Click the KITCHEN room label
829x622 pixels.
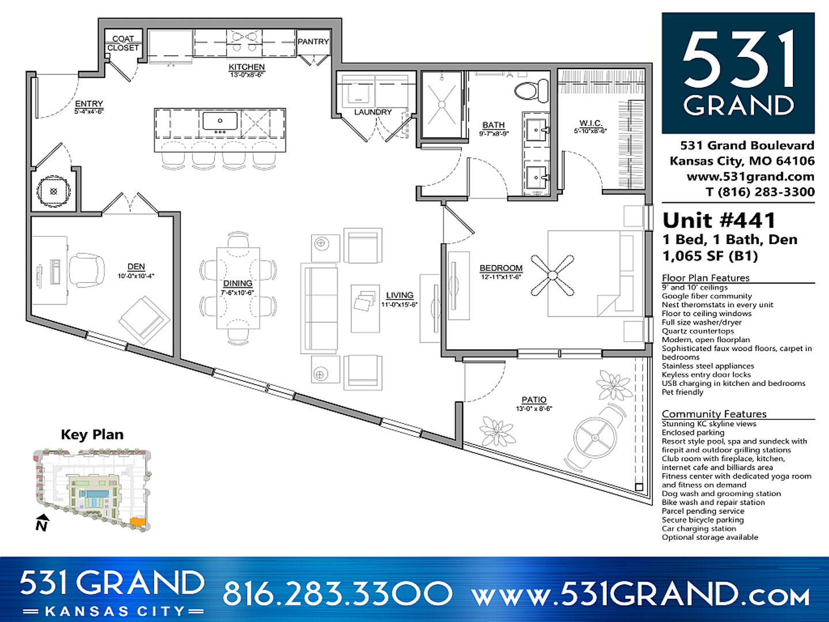point(246,67)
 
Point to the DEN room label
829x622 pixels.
point(136,267)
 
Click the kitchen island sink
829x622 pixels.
point(219,122)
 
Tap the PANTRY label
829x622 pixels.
point(313,41)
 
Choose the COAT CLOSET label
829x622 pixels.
point(123,43)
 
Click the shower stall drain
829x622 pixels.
point(442,105)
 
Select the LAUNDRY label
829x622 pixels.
point(372,112)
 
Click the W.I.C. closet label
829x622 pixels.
point(590,123)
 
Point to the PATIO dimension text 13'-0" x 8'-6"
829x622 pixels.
point(534,409)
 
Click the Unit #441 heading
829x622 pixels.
point(719,221)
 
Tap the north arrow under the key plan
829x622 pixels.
point(41,523)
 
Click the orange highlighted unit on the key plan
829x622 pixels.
point(137,521)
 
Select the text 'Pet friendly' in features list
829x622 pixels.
point(682,392)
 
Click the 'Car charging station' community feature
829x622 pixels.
point(698,529)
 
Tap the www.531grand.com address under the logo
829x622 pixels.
point(750,177)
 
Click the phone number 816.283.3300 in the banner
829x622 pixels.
point(337,593)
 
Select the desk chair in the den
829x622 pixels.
point(88,270)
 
